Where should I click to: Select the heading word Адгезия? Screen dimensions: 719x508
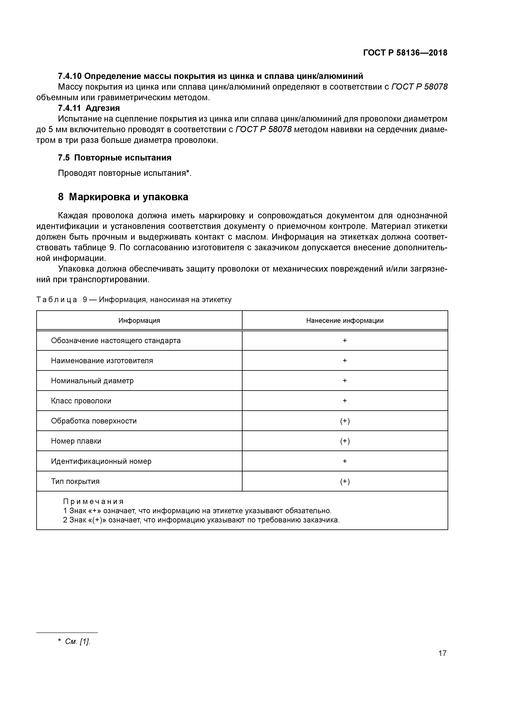click(103, 108)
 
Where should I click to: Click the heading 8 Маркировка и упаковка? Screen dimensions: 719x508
click(123, 197)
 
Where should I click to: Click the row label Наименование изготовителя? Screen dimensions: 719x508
click(102, 361)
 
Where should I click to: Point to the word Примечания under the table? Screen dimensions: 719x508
click(93, 502)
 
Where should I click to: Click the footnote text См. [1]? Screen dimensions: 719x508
click(77, 642)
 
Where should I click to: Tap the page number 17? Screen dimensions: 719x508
click(442, 662)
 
